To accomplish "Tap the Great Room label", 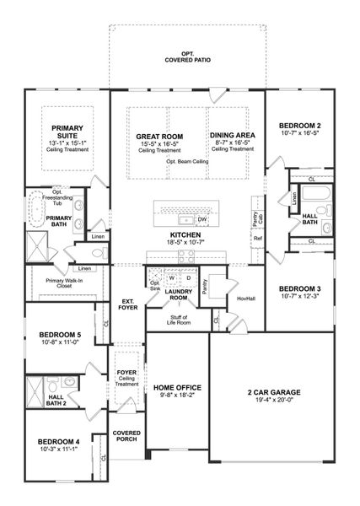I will pos(160,136).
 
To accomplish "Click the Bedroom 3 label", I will pos(301,288).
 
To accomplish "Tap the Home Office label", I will pos(176,387).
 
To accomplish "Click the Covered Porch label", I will pos(126,435).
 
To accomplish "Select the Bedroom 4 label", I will pos(58,441).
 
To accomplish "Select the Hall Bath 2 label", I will pos(57,400).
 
